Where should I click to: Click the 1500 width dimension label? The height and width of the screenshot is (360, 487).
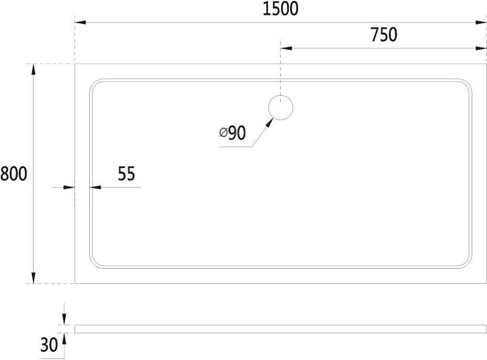280,9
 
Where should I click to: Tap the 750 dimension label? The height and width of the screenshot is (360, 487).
384,35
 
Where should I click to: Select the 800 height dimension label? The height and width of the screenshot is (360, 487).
14,173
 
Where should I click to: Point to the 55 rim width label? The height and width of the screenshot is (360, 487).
126,173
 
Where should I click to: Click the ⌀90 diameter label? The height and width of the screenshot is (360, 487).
232,133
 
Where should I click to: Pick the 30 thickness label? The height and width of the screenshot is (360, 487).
49,344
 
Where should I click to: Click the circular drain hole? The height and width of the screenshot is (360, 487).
280,108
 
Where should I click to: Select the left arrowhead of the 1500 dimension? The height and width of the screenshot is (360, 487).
80,23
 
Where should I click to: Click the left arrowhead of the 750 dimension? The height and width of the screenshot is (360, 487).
287,48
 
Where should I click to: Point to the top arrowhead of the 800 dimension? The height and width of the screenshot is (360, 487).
34,70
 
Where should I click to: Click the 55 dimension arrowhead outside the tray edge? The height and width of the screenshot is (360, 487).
69,187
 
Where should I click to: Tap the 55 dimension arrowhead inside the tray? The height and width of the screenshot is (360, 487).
96,187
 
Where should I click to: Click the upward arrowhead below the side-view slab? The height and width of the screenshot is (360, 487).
64,338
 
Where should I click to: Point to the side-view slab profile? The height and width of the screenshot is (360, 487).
281,329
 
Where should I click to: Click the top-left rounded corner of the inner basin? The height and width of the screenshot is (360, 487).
94,83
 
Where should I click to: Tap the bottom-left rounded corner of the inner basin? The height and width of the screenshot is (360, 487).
94,264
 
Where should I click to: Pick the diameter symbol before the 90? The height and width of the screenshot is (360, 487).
224,133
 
